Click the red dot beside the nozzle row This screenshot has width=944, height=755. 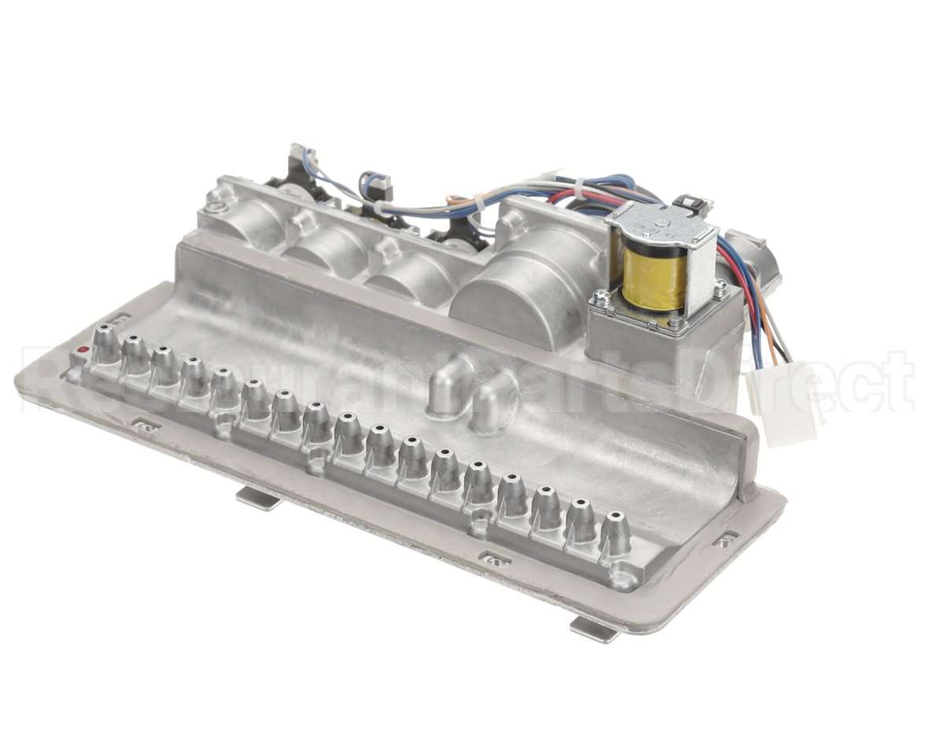[x=83, y=350]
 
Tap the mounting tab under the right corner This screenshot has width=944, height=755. [x=594, y=628]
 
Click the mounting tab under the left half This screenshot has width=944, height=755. [x=258, y=497]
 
